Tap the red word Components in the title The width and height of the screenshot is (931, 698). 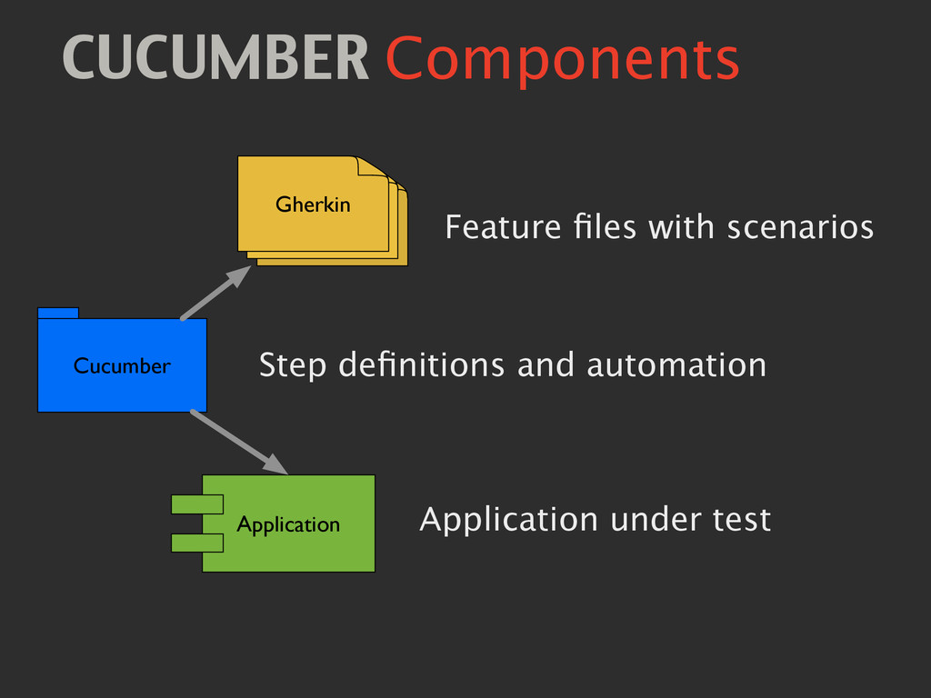point(562,60)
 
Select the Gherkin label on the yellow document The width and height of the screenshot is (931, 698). point(313,204)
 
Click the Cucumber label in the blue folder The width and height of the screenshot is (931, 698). point(122,365)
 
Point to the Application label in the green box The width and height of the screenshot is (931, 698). point(288,524)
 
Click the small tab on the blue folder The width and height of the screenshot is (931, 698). point(57,313)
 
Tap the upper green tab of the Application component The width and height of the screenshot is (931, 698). point(197,504)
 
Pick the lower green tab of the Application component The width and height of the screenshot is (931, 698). point(197,543)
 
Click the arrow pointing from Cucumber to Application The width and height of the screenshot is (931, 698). point(239,442)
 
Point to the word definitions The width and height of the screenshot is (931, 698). point(421,365)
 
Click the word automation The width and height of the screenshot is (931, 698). point(676,365)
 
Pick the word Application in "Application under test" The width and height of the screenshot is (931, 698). point(508,522)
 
